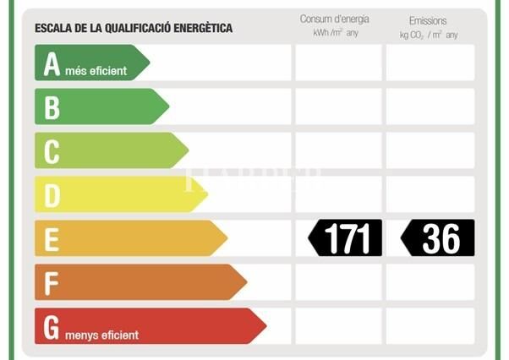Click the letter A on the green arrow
coord(52,63)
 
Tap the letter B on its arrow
coord(52,107)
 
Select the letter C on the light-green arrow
coord(52,151)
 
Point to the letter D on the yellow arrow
coord(52,195)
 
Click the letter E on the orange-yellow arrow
coord(52,239)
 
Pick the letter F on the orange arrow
coord(52,283)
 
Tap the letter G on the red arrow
coord(52,327)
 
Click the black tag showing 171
coord(346,238)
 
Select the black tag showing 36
coord(438,238)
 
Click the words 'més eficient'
coord(96,71)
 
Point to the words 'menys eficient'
coord(101,335)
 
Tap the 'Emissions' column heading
coord(428,19)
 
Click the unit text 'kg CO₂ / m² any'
coord(429,35)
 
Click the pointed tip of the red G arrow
coord(265,326)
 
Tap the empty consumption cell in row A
coord(338,63)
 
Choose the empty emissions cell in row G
coord(430,326)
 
